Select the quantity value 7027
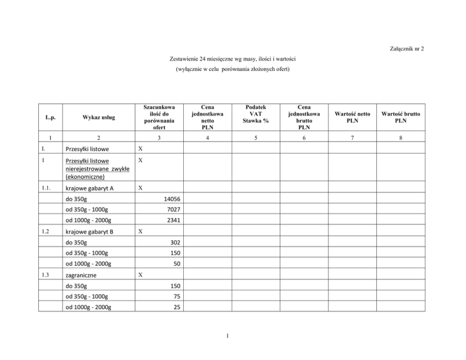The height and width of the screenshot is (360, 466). click(173, 209)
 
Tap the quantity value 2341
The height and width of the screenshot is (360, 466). click(173, 220)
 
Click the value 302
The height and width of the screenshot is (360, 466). click(175, 242)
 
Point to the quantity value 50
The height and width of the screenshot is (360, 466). click(177, 263)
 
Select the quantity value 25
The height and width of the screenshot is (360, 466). click(177, 307)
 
